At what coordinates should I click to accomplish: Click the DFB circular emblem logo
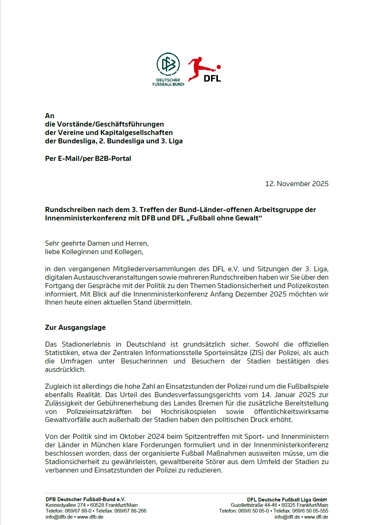[168, 64]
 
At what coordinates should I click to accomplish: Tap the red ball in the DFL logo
[219, 67]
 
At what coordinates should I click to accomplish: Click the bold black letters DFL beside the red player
[212, 78]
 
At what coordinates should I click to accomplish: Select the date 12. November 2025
[297, 184]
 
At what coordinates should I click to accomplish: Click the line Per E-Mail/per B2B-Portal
[88, 159]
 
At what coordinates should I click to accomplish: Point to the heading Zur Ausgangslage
[75, 327]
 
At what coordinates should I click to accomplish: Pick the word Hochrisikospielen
[188, 412]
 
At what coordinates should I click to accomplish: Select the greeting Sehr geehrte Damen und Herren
[97, 243]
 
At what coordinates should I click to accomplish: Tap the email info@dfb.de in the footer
[59, 517]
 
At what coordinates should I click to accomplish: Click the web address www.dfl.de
[316, 517]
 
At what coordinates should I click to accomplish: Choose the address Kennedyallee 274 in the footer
[66, 505]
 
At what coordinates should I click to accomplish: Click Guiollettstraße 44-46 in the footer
[254, 505]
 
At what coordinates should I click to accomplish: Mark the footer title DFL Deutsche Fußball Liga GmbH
[287, 500]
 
